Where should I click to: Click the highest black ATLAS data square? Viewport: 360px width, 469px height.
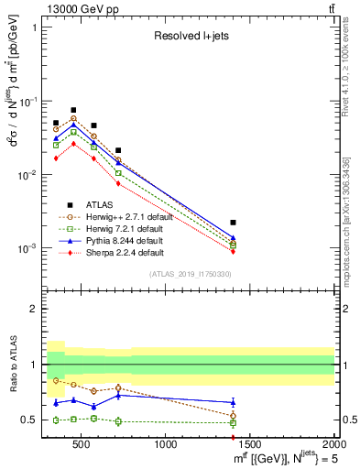click(x=73, y=110)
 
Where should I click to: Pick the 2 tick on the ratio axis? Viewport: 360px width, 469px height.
click(x=35, y=309)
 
